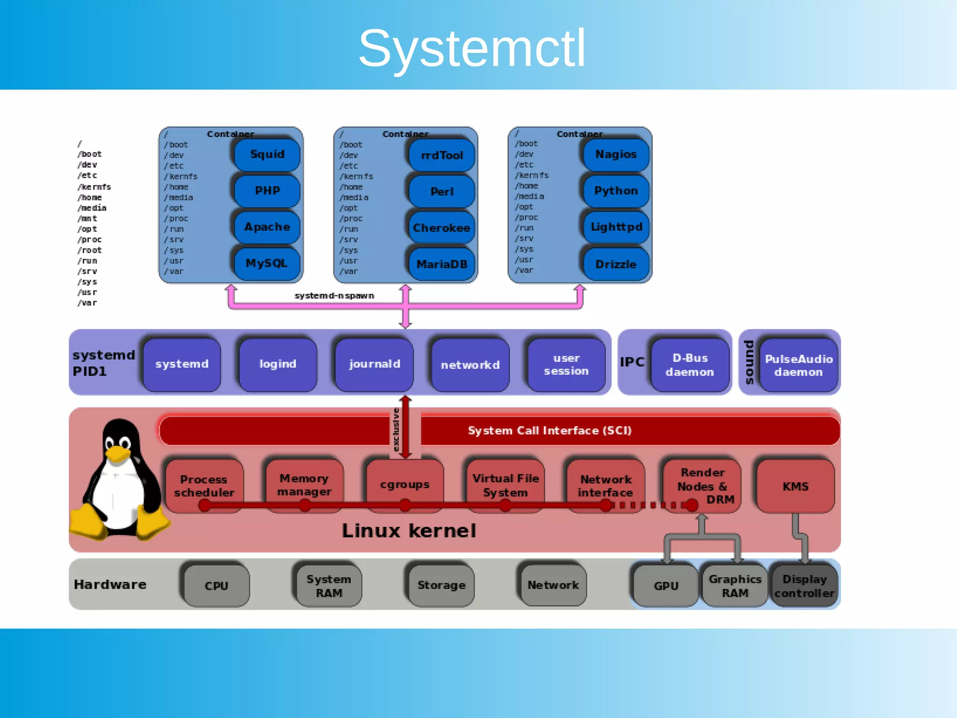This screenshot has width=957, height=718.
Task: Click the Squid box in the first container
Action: [x=267, y=154]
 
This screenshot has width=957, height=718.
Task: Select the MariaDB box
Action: [x=442, y=265]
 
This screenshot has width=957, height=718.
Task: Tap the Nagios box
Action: [x=616, y=154]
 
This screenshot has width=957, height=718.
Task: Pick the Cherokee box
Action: [x=442, y=228]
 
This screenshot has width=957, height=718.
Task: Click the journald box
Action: [x=374, y=364]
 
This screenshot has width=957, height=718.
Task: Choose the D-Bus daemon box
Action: [x=690, y=365]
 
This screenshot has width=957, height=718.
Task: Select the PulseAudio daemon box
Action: [x=799, y=365]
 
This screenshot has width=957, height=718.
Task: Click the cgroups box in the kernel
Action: [x=405, y=485]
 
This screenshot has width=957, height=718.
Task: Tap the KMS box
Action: [x=795, y=486]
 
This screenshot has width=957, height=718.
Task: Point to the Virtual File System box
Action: [x=505, y=485]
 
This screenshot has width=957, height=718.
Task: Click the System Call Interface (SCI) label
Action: [x=550, y=431]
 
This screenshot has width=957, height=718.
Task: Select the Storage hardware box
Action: [x=441, y=585]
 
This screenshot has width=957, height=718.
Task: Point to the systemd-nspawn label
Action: [x=334, y=296]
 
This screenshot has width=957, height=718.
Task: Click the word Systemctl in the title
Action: [x=472, y=49]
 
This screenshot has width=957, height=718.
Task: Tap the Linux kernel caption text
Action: [x=409, y=531]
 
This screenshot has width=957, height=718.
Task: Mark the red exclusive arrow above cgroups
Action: [x=406, y=427]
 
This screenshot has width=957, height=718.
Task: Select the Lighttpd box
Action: [x=616, y=227]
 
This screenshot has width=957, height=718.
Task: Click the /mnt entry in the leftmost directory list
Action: [x=87, y=218]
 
